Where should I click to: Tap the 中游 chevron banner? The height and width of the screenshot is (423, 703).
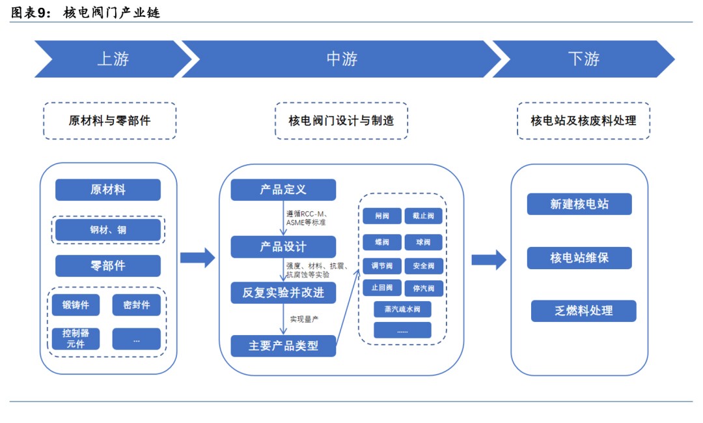point(341,59)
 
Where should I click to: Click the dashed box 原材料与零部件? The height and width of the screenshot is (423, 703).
point(109,121)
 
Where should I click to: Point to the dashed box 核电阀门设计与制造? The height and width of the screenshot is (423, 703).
point(341,121)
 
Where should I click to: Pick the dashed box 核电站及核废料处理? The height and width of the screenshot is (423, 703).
point(583,121)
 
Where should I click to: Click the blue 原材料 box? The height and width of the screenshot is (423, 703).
point(107,190)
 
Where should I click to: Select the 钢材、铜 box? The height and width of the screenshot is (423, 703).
point(107,230)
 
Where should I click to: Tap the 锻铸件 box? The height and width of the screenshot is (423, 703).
point(76,305)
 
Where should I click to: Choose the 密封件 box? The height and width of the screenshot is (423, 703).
point(136,305)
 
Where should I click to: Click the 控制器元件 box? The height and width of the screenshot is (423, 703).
point(76,338)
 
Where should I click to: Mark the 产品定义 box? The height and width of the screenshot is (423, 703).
point(283,190)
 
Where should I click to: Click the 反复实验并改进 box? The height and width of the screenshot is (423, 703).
point(283,293)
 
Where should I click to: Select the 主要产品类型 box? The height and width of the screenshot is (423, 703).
point(283,345)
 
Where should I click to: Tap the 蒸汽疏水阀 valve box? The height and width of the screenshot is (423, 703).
point(402,309)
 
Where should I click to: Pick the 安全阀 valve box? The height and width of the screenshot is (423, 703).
point(423,266)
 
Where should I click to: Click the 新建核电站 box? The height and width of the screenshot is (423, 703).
point(579,204)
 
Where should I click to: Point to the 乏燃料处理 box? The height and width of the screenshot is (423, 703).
point(583,311)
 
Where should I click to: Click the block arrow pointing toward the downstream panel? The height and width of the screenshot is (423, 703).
point(488,259)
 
